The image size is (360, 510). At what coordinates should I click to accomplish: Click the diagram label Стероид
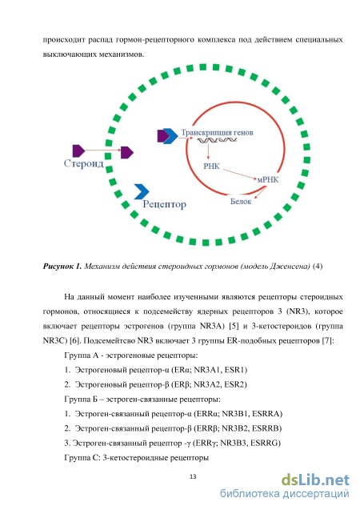click(x=83, y=163)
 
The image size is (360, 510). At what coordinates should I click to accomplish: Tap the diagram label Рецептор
click(x=165, y=204)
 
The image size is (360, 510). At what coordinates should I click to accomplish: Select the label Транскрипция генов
click(x=217, y=133)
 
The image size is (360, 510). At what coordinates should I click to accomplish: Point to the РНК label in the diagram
click(x=211, y=167)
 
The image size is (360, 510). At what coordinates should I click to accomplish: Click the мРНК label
click(x=268, y=179)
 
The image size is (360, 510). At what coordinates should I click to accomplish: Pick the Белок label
click(x=241, y=202)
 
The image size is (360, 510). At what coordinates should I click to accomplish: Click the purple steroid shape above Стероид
click(x=78, y=151)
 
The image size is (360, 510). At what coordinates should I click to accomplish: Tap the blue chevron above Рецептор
click(x=142, y=191)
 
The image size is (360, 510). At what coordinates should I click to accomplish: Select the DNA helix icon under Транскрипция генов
click(x=215, y=140)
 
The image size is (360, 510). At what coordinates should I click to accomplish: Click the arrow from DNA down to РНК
click(x=208, y=151)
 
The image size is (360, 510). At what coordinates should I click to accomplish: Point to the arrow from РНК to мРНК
click(x=239, y=174)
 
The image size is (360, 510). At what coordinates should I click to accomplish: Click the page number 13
click(x=193, y=476)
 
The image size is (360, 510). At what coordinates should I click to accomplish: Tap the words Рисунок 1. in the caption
click(x=62, y=267)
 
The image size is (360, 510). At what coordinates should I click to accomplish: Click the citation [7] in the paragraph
click(x=328, y=340)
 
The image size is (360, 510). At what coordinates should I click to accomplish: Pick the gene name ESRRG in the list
click(x=266, y=443)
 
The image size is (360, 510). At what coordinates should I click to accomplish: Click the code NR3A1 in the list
click(x=208, y=370)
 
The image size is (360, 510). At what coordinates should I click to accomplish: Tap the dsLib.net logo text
click(x=315, y=480)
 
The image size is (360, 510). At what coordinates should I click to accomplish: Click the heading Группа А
click(x=82, y=355)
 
